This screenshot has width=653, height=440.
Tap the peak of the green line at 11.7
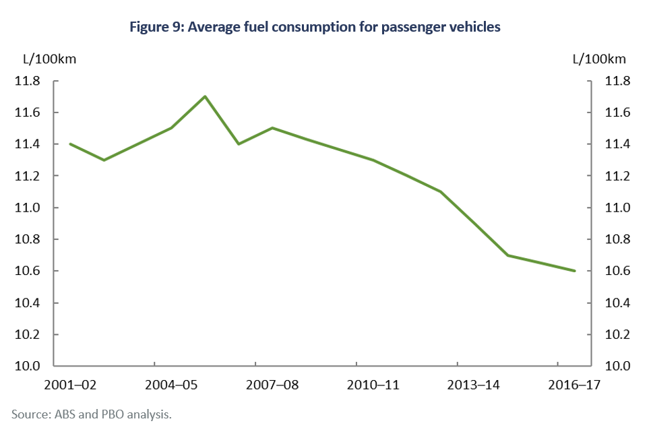click(205, 96)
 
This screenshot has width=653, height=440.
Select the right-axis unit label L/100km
click(599, 59)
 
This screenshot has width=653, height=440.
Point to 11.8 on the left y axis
click(28, 81)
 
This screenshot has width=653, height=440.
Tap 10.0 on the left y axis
click(28, 366)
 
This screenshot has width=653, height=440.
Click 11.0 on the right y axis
click(617, 208)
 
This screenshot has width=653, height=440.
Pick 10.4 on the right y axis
click(617, 303)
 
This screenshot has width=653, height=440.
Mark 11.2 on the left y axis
click(28, 176)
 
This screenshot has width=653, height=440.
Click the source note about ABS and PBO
click(92, 414)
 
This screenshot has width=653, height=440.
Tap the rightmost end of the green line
click(575, 271)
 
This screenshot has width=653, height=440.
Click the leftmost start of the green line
click(70, 144)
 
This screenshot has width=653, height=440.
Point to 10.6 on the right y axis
click(617, 271)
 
